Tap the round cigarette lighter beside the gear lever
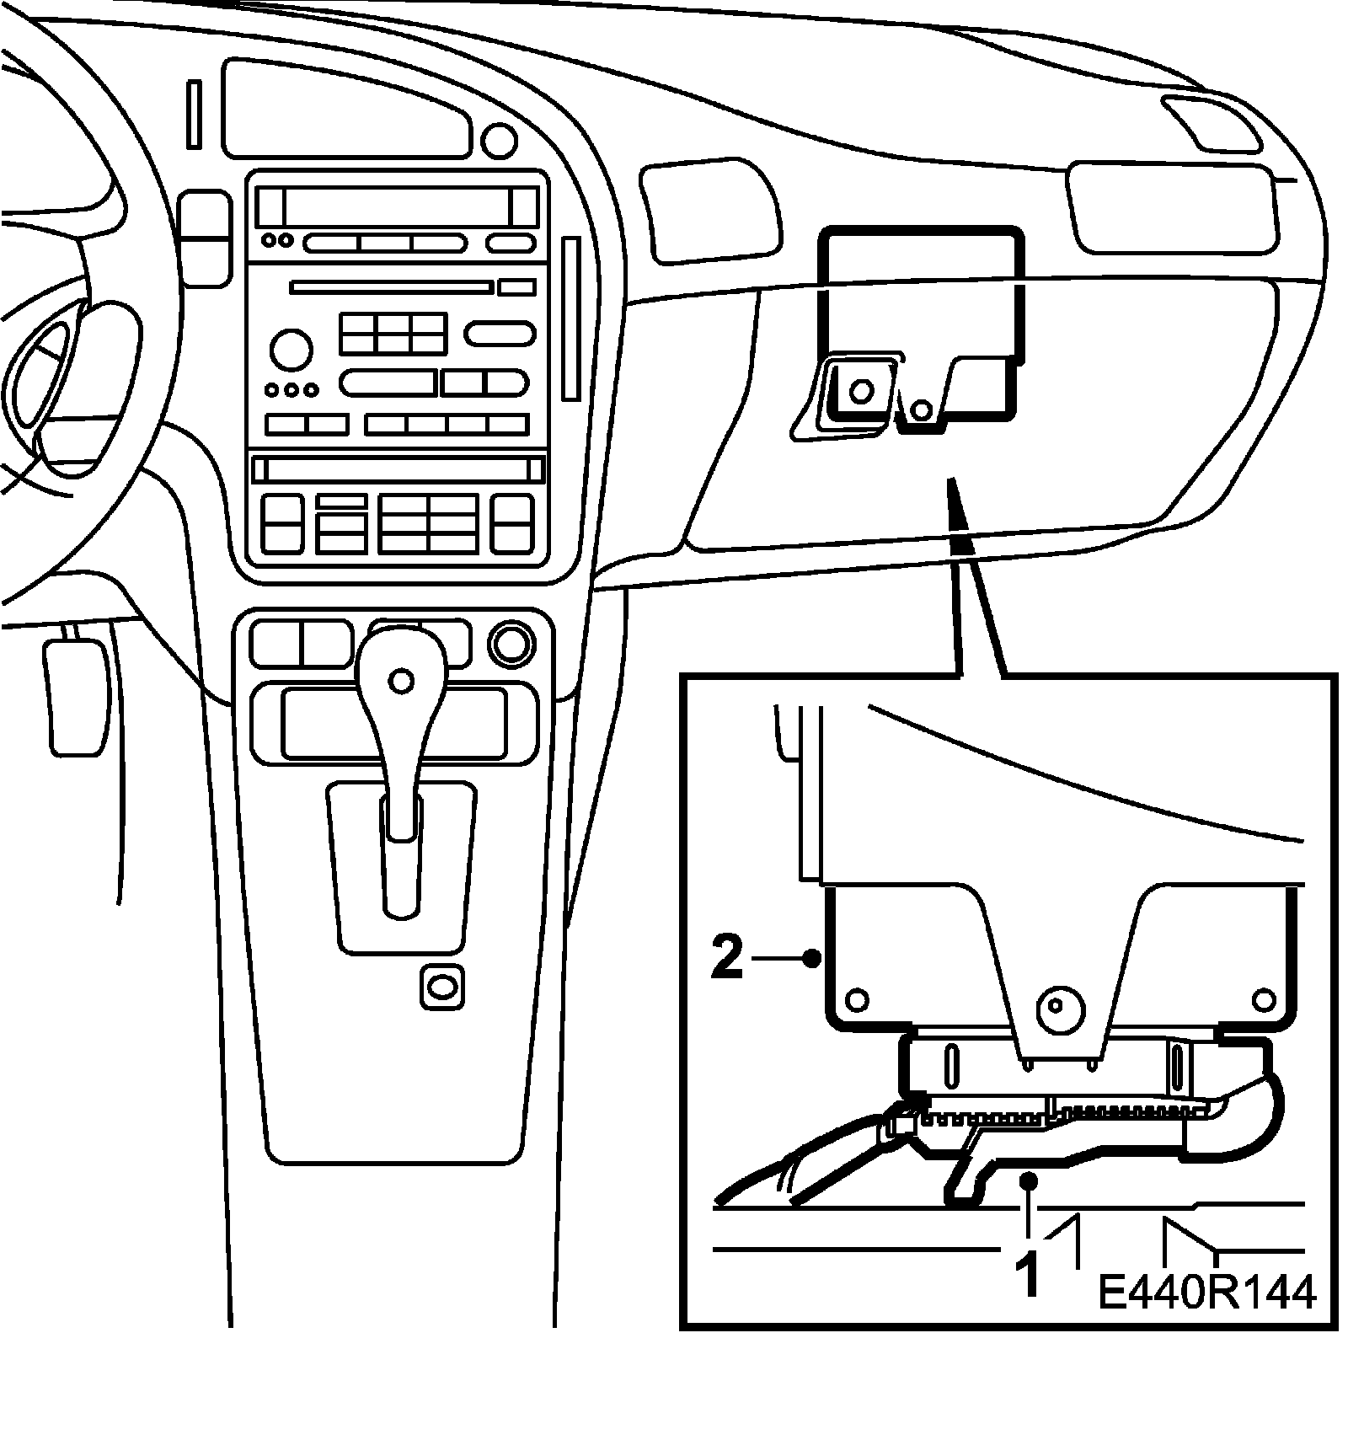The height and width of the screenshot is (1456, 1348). [x=511, y=645]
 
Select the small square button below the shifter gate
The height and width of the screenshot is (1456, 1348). [x=441, y=984]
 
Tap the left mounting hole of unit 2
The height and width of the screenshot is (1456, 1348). [x=857, y=1000]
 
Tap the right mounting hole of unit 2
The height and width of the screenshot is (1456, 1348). [x=1264, y=999]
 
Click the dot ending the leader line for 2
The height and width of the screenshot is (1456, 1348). [x=811, y=958]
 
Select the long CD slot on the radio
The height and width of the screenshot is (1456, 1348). [x=390, y=287]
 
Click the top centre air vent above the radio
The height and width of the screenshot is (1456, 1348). [x=345, y=109]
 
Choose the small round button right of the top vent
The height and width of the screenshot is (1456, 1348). [x=500, y=140]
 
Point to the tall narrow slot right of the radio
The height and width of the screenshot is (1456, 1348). [x=571, y=318]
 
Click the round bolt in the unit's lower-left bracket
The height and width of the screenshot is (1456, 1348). [x=860, y=391]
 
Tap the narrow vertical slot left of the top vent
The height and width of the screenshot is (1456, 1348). [x=195, y=115]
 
